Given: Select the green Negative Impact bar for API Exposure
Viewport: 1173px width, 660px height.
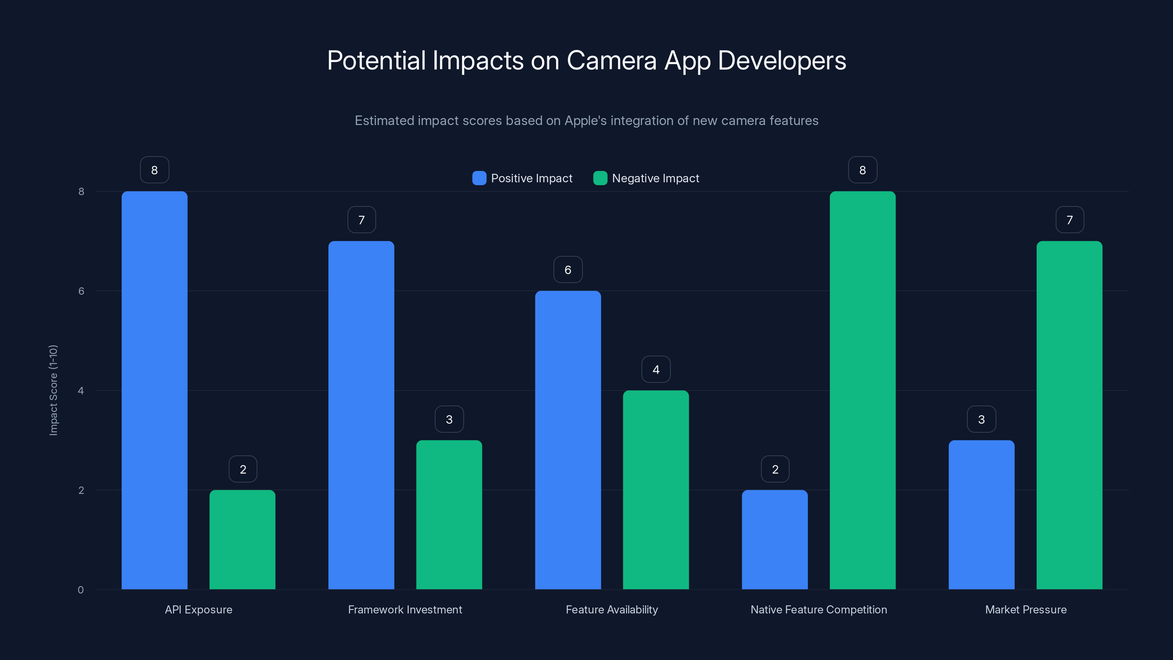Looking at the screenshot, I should click(x=242, y=539).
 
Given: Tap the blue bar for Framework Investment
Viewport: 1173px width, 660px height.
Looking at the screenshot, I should click(x=361, y=415).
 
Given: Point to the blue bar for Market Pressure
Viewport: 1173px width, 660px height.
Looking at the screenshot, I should click(x=981, y=515).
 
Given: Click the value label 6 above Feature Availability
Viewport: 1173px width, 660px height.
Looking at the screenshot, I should click(x=568, y=269).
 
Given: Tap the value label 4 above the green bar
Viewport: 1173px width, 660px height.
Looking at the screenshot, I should click(x=656, y=369).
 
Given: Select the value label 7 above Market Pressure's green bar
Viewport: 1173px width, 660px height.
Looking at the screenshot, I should click(x=1070, y=220).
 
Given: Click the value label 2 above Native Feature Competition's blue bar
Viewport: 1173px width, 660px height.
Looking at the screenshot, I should click(x=775, y=469).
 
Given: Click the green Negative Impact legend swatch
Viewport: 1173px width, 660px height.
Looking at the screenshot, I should click(x=600, y=178).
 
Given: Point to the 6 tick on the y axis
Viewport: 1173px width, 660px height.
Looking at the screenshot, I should click(x=81, y=291).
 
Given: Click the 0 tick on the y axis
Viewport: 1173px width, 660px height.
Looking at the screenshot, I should click(x=81, y=590).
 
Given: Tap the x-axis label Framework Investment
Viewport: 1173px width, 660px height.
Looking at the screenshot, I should click(x=405, y=609).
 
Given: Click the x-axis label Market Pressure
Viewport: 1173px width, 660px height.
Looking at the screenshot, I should click(x=1026, y=609).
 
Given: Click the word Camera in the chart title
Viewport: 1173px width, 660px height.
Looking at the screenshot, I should click(x=611, y=60).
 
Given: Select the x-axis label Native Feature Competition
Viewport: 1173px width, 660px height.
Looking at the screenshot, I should click(x=818, y=609).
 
